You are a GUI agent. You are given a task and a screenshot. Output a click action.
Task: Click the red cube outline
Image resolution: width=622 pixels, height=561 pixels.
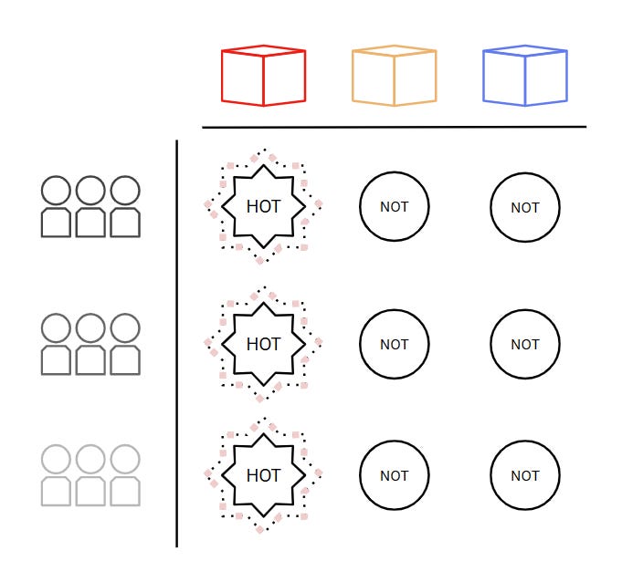coord(263,76)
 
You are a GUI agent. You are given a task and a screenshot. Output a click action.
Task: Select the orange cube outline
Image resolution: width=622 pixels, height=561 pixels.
coord(394,76)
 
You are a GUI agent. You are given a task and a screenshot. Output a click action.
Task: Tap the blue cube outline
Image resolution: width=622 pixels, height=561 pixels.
coord(524,76)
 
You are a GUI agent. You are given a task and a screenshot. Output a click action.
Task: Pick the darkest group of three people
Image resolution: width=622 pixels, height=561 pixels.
coord(90,207)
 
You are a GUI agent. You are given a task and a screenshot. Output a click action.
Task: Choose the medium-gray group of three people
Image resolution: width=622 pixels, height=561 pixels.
coord(90,345)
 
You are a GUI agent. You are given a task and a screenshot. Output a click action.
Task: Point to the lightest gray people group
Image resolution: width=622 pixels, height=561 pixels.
coord(90,475)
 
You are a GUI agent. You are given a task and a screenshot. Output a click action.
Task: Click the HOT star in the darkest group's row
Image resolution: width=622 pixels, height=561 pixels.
coord(263,206)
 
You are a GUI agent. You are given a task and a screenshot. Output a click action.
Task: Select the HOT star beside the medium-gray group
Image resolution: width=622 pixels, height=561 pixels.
coord(263,344)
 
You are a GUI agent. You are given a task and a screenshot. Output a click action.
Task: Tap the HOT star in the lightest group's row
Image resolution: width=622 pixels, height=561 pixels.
coord(263,475)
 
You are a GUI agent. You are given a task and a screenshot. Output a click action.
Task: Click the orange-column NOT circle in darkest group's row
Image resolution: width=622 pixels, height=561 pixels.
coord(394,207)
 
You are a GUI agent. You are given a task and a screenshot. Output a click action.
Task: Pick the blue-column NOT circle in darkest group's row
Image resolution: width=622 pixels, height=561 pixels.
coord(524,207)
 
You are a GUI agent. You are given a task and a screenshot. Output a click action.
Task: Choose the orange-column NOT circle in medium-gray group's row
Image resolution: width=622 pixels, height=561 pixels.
coord(394,345)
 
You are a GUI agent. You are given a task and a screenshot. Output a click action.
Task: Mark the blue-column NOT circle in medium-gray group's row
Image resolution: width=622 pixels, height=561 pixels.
coord(524,345)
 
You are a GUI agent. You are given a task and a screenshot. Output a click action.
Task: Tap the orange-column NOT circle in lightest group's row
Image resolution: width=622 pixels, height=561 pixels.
coord(394,475)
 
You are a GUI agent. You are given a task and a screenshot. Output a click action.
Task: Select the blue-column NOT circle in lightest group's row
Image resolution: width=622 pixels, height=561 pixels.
coord(524,475)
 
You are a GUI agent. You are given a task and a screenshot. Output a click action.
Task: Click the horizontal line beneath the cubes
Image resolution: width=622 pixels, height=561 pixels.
coord(393,127)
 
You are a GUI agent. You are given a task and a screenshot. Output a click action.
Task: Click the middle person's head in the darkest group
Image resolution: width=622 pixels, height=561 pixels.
coord(90,191)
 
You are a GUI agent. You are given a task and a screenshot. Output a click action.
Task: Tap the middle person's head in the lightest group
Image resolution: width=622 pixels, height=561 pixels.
coord(90,459)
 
